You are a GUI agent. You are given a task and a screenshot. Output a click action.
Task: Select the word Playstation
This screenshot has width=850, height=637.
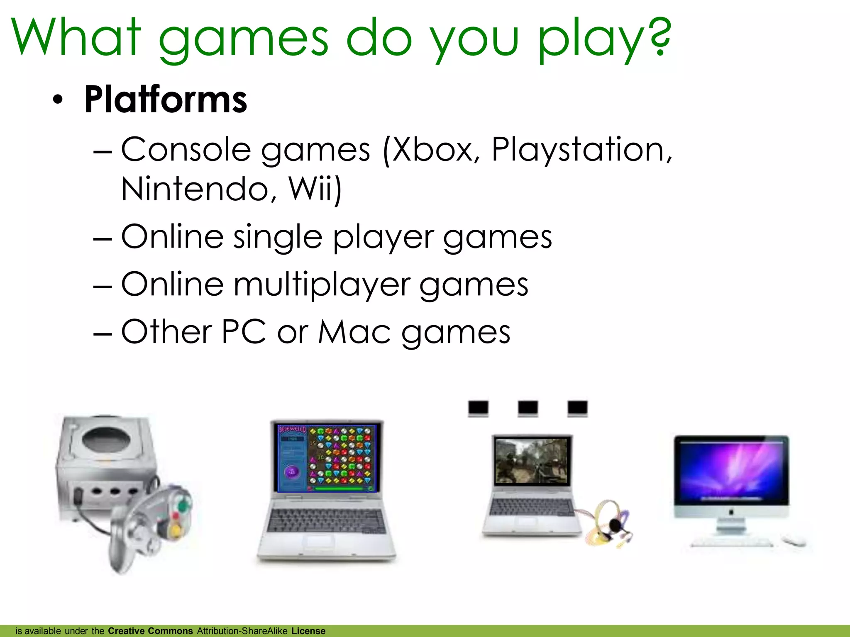point(579,150)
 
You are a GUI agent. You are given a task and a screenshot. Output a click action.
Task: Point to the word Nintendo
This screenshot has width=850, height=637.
point(195,189)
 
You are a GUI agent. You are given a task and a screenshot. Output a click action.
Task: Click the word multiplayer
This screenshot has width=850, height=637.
point(322,285)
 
